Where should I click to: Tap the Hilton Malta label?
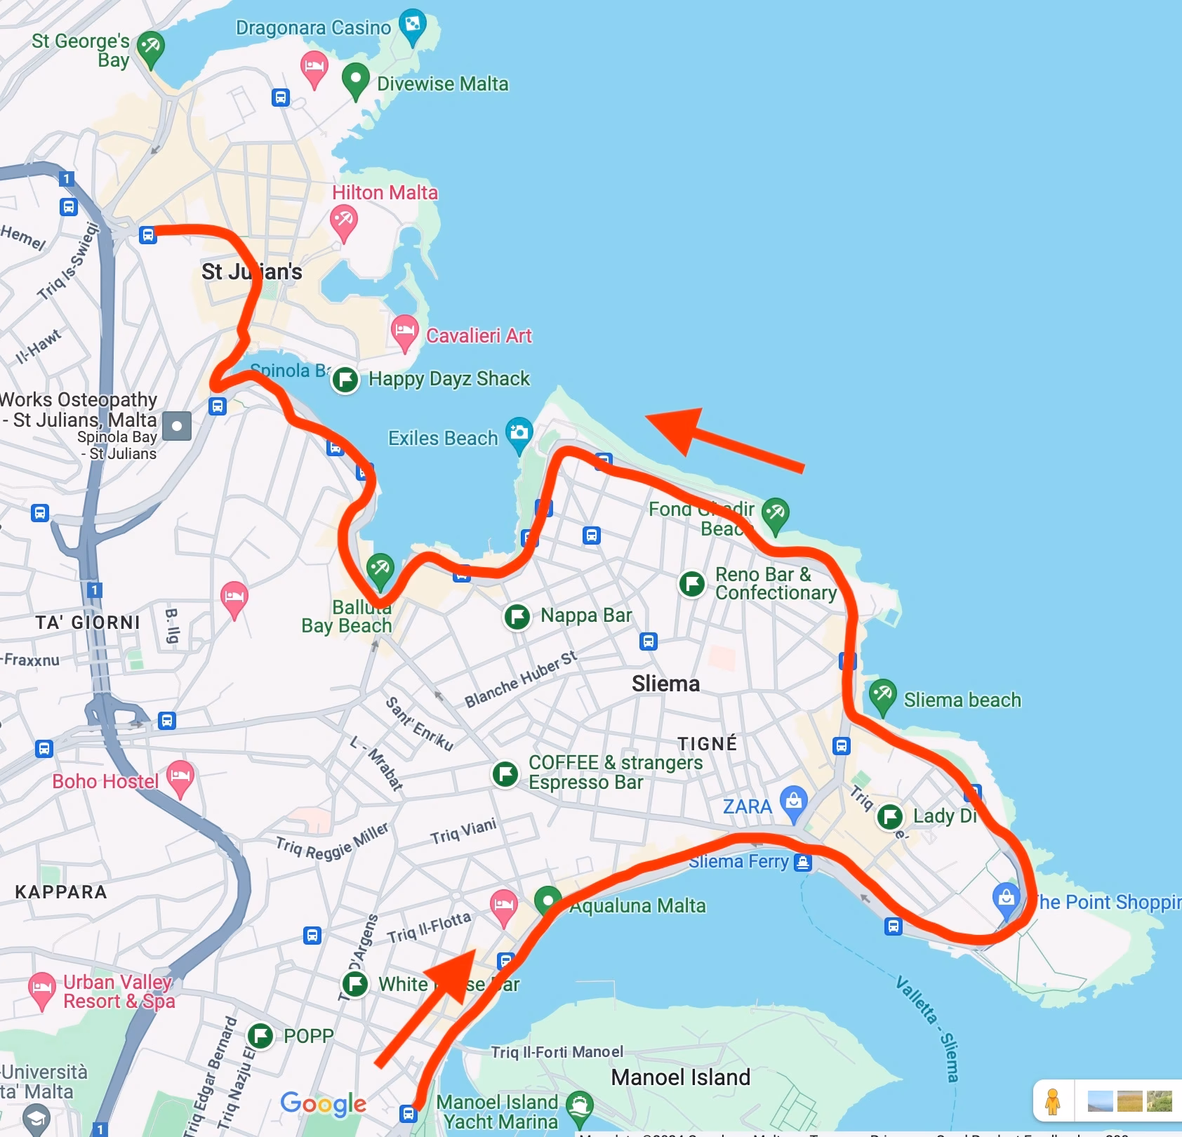click(x=385, y=192)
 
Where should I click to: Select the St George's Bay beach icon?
click(x=150, y=48)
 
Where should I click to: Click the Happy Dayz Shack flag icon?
click(x=345, y=380)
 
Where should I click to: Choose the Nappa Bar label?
click(x=586, y=616)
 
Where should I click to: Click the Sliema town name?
click(x=665, y=684)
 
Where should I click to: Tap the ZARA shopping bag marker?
click(x=794, y=801)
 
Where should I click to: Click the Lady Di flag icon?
click(x=890, y=816)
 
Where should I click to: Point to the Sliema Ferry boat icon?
click(x=803, y=862)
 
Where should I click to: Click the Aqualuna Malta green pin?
click(x=547, y=899)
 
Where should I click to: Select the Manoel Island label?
click(x=680, y=1077)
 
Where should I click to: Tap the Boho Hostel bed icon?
click(x=180, y=776)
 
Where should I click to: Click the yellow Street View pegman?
click(x=1052, y=1101)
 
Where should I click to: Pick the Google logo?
click(x=323, y=1103)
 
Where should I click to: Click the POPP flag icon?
click(x=260, y=1035)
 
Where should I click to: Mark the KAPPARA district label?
click(x=61, y=892)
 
